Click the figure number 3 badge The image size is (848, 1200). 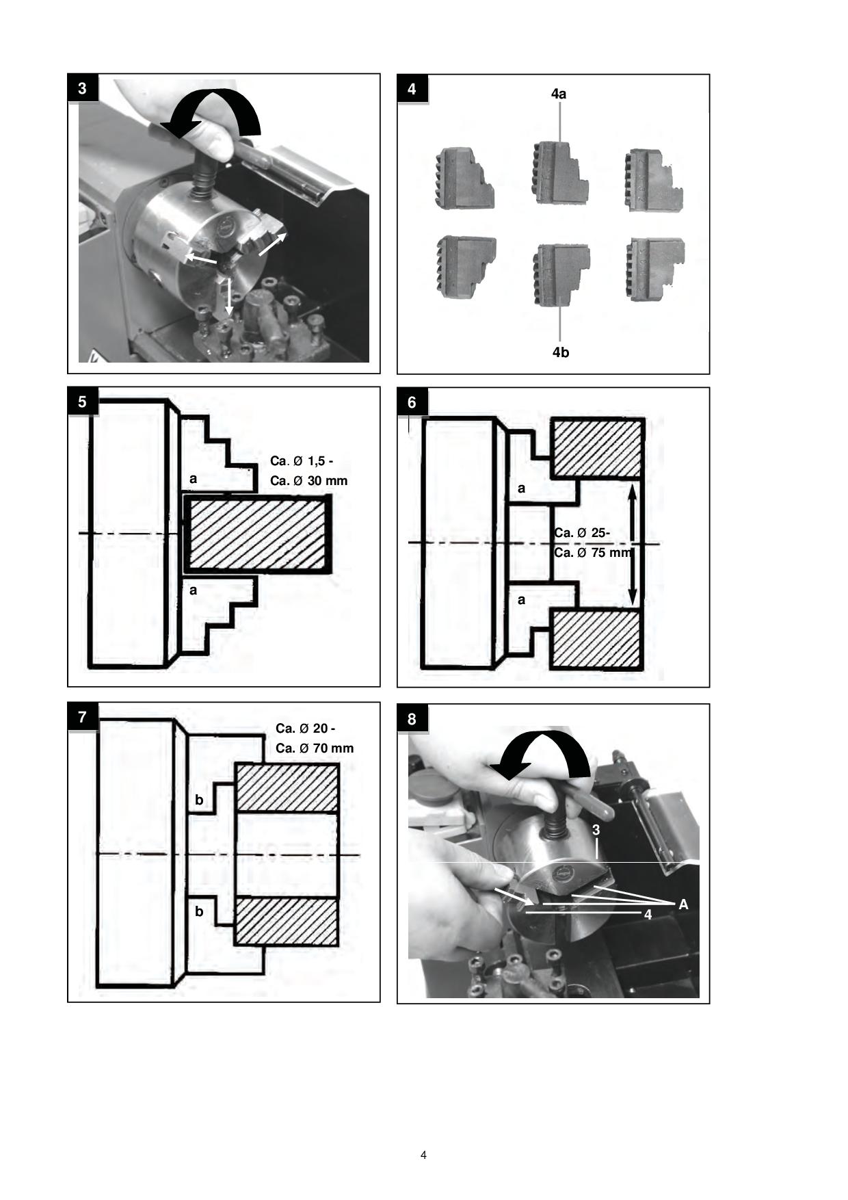[83, 88]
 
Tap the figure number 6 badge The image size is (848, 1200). [412, 402]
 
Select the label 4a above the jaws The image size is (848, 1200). [559, 94]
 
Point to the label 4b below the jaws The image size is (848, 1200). [560, 352]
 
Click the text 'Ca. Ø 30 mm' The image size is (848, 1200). [308, 480]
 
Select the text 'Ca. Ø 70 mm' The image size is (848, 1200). [315, 748]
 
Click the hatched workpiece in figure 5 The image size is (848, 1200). [257, 534]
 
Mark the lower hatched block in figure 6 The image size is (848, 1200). [596, 639]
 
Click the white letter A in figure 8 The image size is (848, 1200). [683, 904]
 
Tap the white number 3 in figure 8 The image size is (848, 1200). [596, 830]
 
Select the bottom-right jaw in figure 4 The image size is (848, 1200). [655, 268]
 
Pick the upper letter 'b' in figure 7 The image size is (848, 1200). [199, 800]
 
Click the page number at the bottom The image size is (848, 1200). [423, 1155]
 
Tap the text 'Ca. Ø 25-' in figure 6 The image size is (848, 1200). [582, 533]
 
